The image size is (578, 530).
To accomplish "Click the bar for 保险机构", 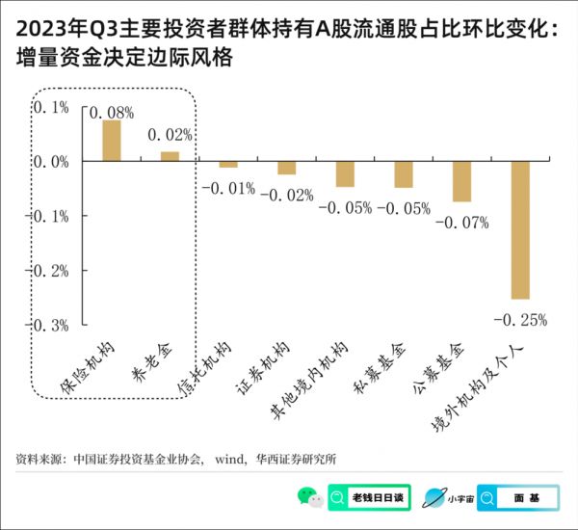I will pos(112,141).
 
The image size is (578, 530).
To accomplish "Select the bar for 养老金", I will pos(170,156).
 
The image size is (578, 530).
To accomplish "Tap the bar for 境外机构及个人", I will pos(520,230).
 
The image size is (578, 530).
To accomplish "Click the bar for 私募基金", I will pos(404,174).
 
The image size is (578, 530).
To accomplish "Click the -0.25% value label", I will pos(519,318).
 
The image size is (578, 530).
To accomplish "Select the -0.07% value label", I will pos(461,223).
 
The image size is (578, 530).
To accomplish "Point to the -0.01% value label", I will pos(228,187).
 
